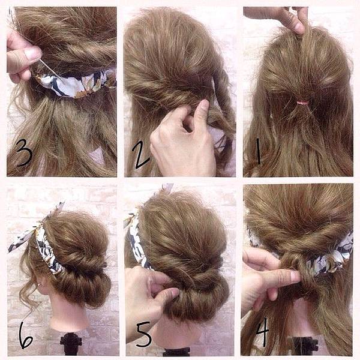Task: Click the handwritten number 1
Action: point(258,151)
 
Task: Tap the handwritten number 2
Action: point(140,154)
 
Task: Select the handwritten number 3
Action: point(24,152)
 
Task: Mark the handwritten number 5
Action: point(144,334)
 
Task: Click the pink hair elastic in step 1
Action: point(302,103)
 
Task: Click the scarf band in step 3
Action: point(73,83)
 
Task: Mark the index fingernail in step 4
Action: point(295,274)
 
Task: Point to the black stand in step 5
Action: point(177,352)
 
